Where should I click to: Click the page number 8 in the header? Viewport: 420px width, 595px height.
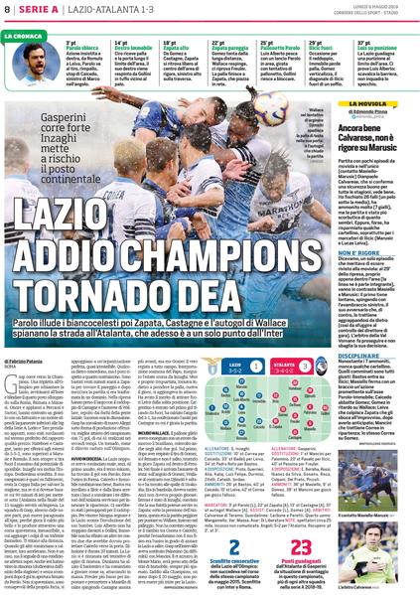click(8, 10)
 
